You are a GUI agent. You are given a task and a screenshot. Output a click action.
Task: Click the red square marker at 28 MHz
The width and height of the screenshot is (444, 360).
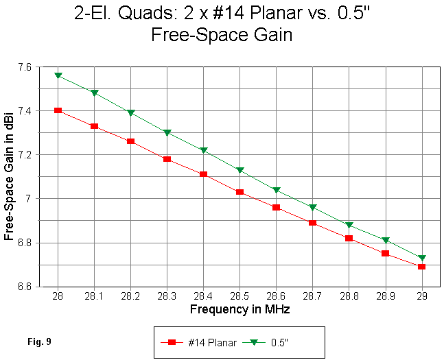point(58,110)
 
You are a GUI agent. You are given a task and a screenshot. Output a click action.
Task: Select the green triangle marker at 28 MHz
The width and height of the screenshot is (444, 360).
point(58,75)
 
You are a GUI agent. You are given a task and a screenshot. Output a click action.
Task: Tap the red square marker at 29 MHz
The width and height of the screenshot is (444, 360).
point(422,267)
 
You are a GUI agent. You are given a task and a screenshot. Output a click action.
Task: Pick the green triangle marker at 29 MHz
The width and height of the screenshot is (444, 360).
point(422,258)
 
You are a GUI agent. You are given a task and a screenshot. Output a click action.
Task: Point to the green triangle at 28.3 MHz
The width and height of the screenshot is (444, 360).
point(167,132)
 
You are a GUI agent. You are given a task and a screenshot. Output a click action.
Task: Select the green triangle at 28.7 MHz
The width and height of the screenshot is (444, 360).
point(313,207)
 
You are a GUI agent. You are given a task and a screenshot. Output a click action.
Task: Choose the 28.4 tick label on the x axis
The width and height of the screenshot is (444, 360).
point(203,297)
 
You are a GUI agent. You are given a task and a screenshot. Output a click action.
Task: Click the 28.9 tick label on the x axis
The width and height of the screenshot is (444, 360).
point(386,297)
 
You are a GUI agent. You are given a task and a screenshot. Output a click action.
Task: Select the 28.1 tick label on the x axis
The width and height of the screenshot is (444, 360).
point(94,297)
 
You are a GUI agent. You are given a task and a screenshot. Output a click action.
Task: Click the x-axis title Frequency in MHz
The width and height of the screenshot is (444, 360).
point(239,309)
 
